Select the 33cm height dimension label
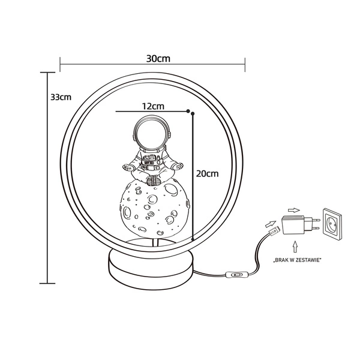coord(61,97)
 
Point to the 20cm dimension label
coord(208,173)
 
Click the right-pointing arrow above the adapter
coord(293,209)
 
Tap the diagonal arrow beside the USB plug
coord(268,222)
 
